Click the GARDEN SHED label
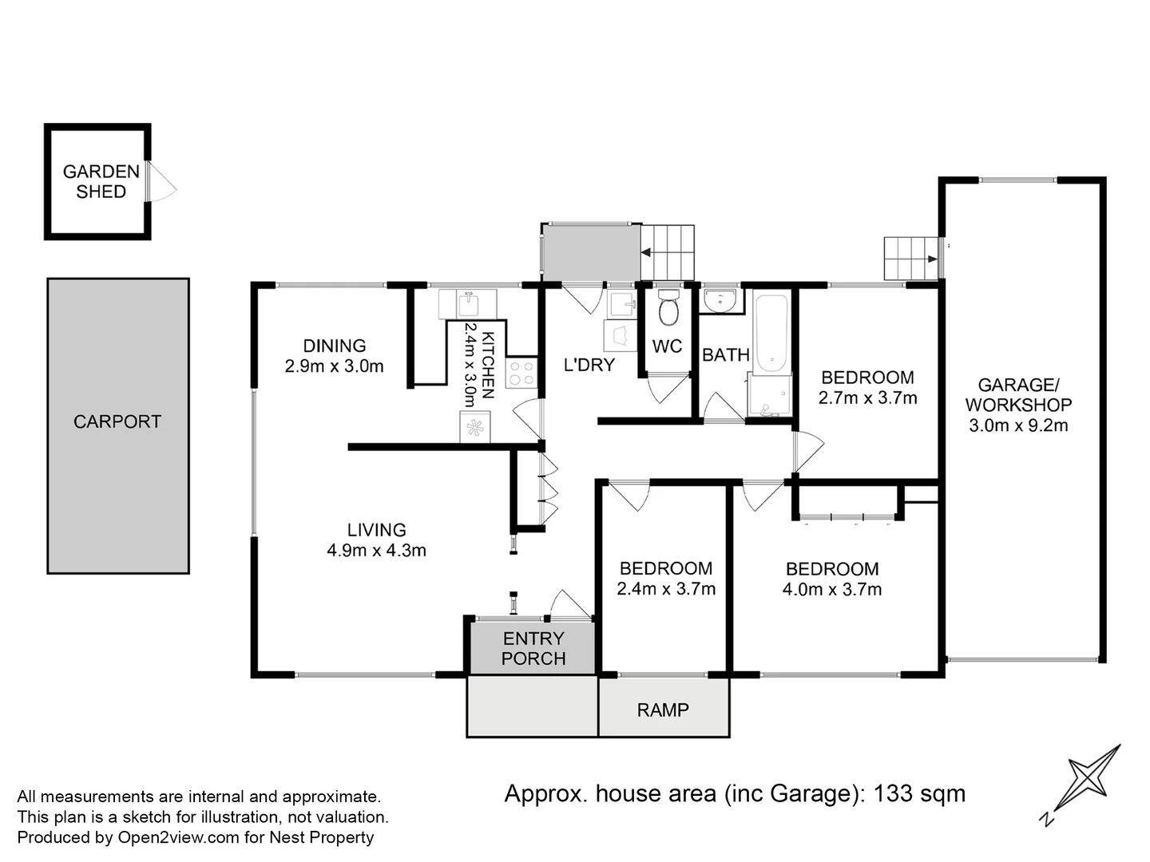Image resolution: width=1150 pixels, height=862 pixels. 101,182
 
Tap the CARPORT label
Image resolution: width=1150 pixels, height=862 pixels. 117,422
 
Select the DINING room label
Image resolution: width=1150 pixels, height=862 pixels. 335,346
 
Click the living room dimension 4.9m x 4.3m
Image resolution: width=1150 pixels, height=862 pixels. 376,551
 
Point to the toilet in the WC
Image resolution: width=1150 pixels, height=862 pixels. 668,307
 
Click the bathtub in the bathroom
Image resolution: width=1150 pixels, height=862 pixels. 771,334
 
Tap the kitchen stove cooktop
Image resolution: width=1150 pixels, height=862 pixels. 521,374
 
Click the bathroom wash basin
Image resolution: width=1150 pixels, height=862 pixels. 720,300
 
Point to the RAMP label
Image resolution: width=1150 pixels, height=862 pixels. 663,710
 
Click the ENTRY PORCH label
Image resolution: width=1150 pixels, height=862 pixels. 533,648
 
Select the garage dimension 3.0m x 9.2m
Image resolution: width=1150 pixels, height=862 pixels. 1018,425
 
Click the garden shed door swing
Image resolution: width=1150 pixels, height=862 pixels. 161,181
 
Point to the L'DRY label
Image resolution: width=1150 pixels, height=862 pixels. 589,365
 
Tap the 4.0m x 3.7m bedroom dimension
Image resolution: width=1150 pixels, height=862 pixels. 832,590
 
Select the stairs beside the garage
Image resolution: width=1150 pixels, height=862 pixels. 911,259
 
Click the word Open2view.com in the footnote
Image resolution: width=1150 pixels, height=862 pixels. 178,837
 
